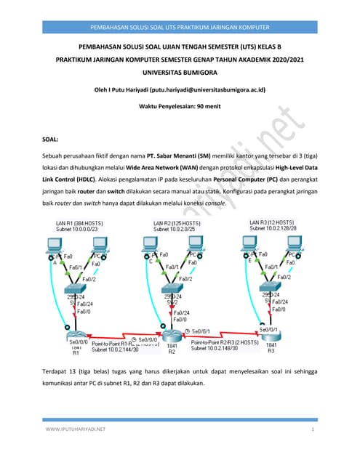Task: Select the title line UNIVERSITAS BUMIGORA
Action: [180, 73]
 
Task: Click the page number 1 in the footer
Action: [312, 429]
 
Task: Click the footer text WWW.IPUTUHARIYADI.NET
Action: [76, 429]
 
